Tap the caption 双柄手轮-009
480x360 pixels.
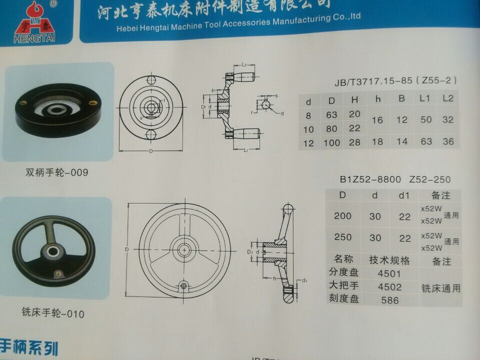(x=57, y=173)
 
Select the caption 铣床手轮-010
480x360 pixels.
(x=53, y=314)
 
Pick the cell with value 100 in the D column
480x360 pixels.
(x=331, y=142)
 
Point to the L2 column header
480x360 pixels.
(x=448, y=99)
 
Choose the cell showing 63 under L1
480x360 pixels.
(x=426, y=141)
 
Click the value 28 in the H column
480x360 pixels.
(x=354, y=142)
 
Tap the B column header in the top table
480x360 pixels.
(x=401, y=99)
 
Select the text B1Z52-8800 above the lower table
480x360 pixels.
(x=370, y=179)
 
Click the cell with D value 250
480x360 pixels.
(x=342, y=237)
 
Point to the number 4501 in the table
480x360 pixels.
(x=389, y=273)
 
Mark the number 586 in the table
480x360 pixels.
(x=389, y=300)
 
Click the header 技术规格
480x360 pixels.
(x=389, y=260)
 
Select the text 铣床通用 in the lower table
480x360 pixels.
(x=440, y=288)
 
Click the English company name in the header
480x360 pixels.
(x=238, y=23)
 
